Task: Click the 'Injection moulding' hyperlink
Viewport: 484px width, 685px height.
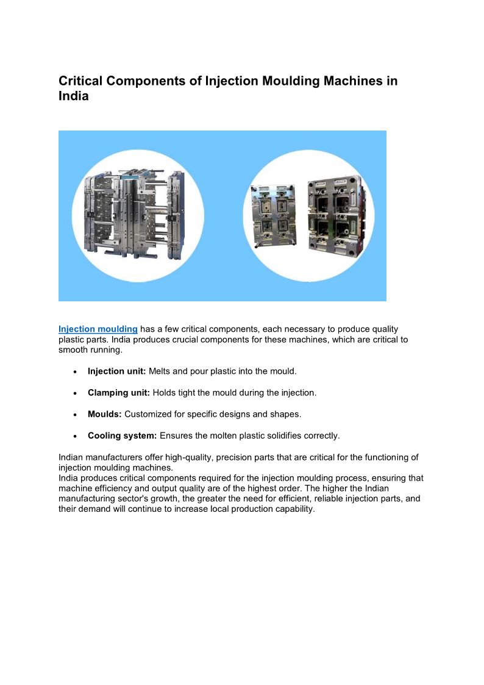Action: (98, 329)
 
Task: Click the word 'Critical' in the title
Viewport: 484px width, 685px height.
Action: (82, 81)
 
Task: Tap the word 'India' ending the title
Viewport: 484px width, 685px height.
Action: (74, 96)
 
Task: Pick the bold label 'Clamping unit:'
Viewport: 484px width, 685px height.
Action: (118, 393)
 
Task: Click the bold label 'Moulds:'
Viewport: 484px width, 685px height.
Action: (105, 414)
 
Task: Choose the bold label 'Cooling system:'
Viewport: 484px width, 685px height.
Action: (122, 436)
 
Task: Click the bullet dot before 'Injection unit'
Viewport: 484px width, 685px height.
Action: (74, 372)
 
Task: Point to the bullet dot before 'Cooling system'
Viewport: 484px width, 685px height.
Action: (74, 436)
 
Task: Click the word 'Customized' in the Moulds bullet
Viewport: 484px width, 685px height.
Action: (148, 414)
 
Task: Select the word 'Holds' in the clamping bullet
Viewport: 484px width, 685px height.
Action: (165, 393)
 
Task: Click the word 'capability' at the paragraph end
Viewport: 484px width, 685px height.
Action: (292, 509)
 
